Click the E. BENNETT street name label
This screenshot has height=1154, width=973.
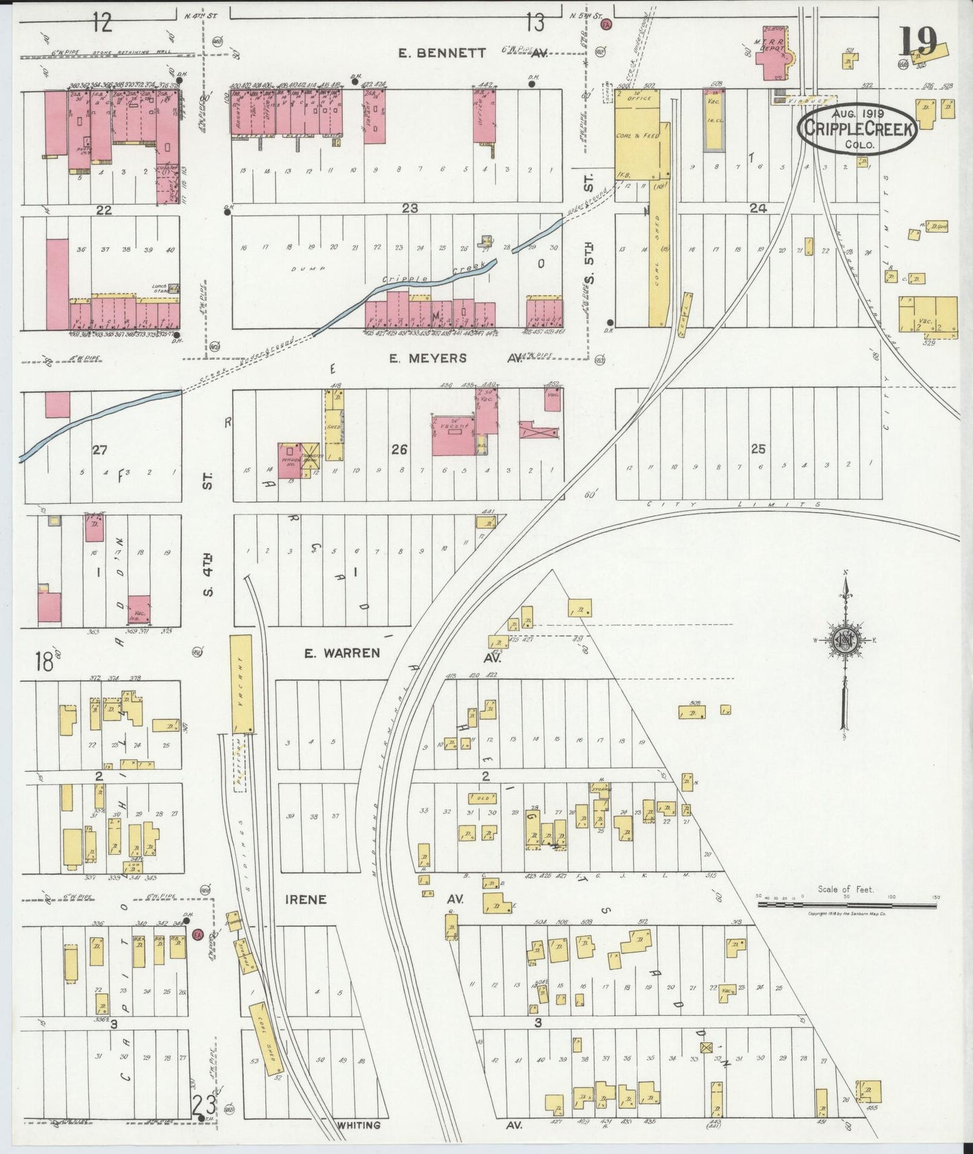pos(442,53)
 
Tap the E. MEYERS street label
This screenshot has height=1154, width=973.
pos(428,358)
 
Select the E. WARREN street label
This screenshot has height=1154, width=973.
pos(341,652)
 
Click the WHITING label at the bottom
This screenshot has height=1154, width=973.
pos(358,1125)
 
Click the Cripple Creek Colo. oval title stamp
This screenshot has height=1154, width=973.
pos(859,130)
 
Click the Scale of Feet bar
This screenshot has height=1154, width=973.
pos(846,905)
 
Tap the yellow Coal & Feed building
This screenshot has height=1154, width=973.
pos(636,141)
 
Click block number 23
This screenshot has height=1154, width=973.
pos(409,209)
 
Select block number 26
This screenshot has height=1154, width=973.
pos(399,449)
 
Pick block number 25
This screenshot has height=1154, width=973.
pos(758,449)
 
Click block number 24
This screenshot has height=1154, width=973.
pos(758,209)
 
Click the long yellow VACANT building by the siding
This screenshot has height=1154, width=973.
pos(241,683)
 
